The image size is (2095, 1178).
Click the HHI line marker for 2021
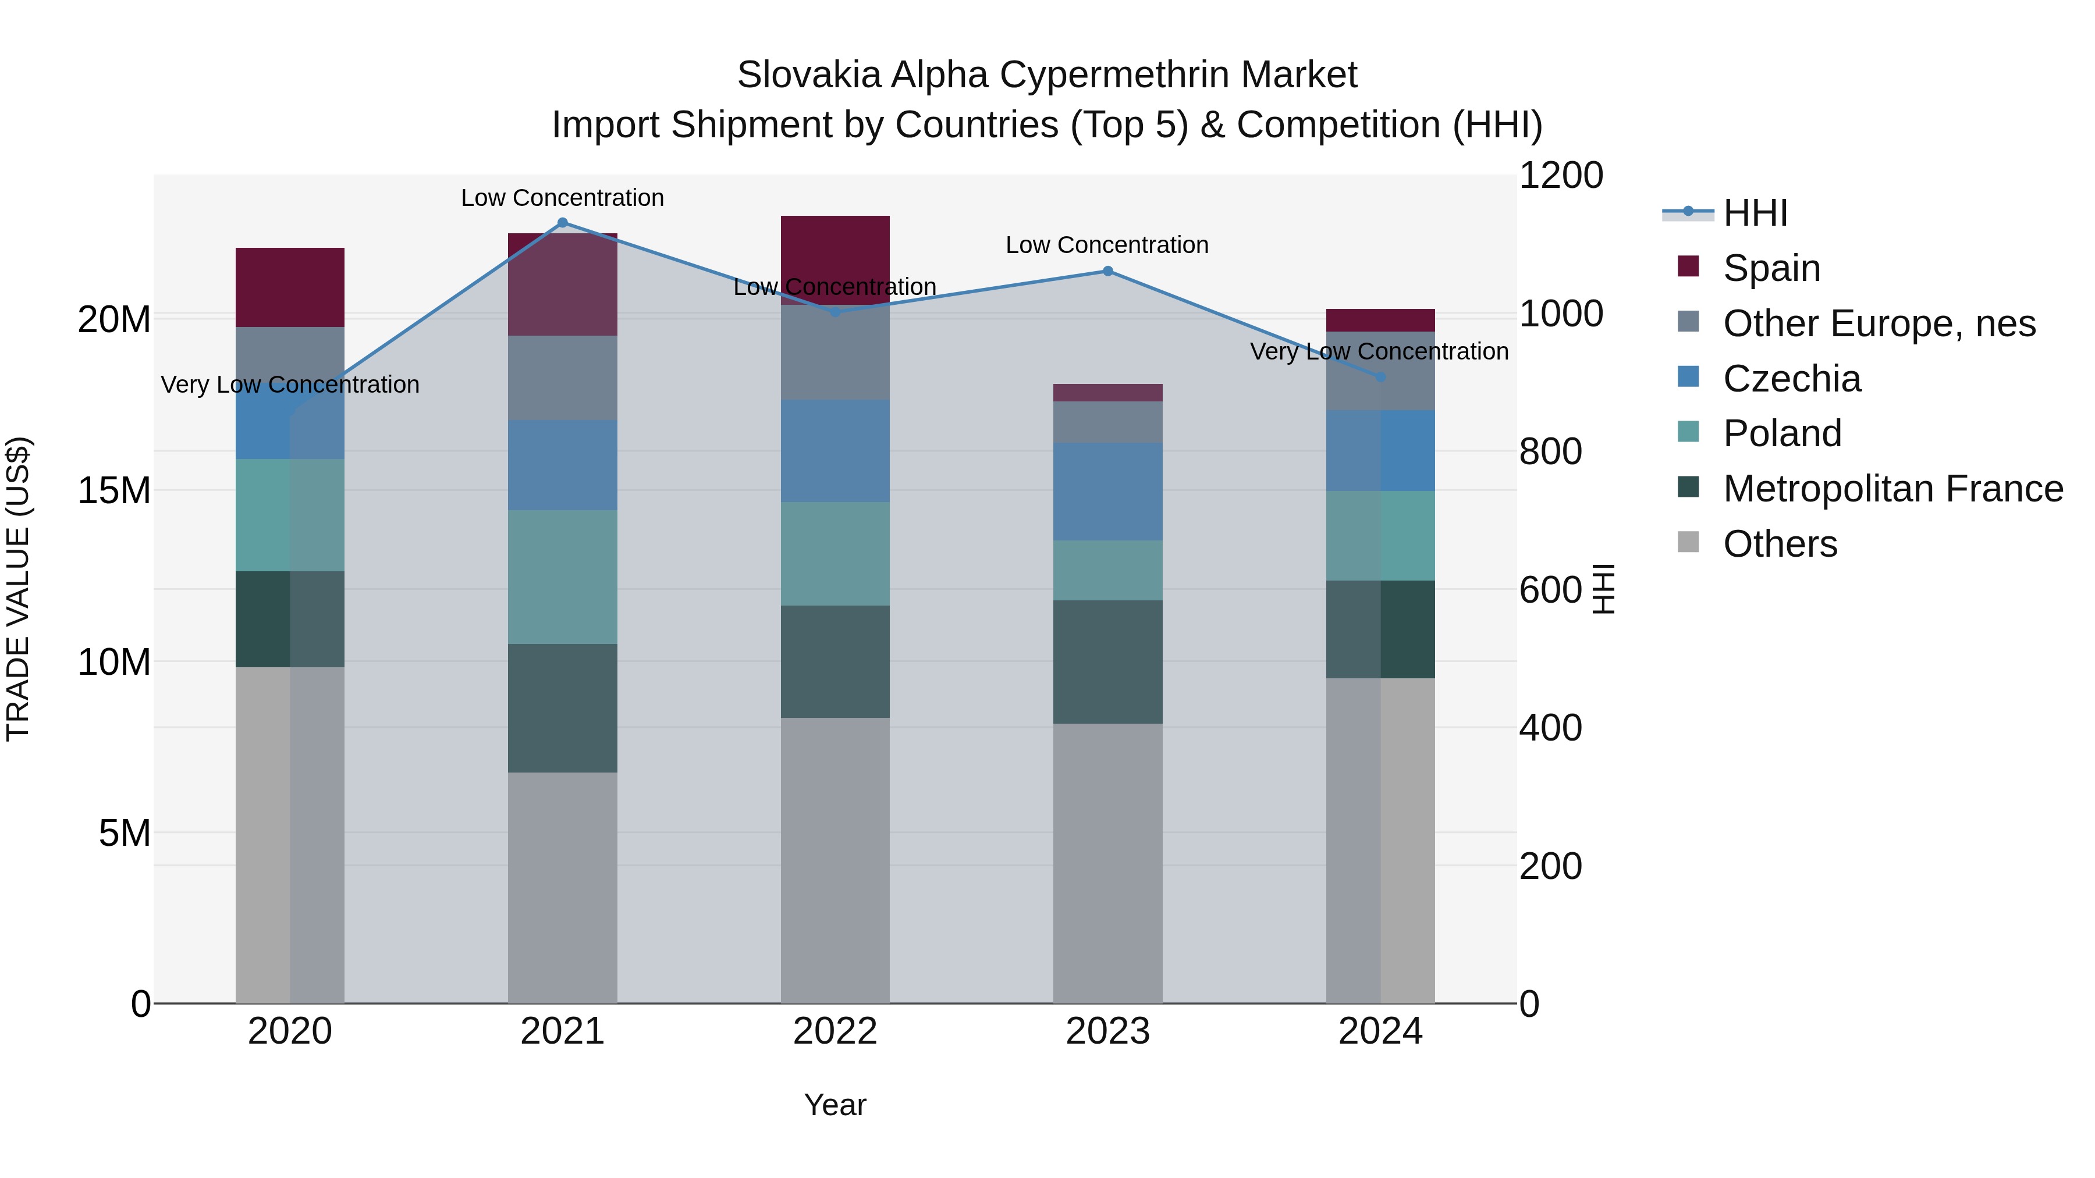point(562,223)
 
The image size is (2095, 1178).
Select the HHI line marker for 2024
point(1380,377)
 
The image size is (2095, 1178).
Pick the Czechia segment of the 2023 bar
point(1107,491)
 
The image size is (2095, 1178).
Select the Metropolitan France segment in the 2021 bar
point(562,707)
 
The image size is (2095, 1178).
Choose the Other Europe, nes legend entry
point(1879,323)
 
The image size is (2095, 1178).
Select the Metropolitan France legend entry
point(1892,489)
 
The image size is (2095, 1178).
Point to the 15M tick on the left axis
point(114,491)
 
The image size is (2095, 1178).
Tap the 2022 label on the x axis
point(835,1031)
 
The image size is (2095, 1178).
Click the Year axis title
point(835,1105)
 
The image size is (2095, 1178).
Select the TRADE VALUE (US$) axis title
point(18,589)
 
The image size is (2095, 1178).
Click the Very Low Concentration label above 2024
point(1379,351)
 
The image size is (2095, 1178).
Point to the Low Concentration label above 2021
point(562,198)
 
